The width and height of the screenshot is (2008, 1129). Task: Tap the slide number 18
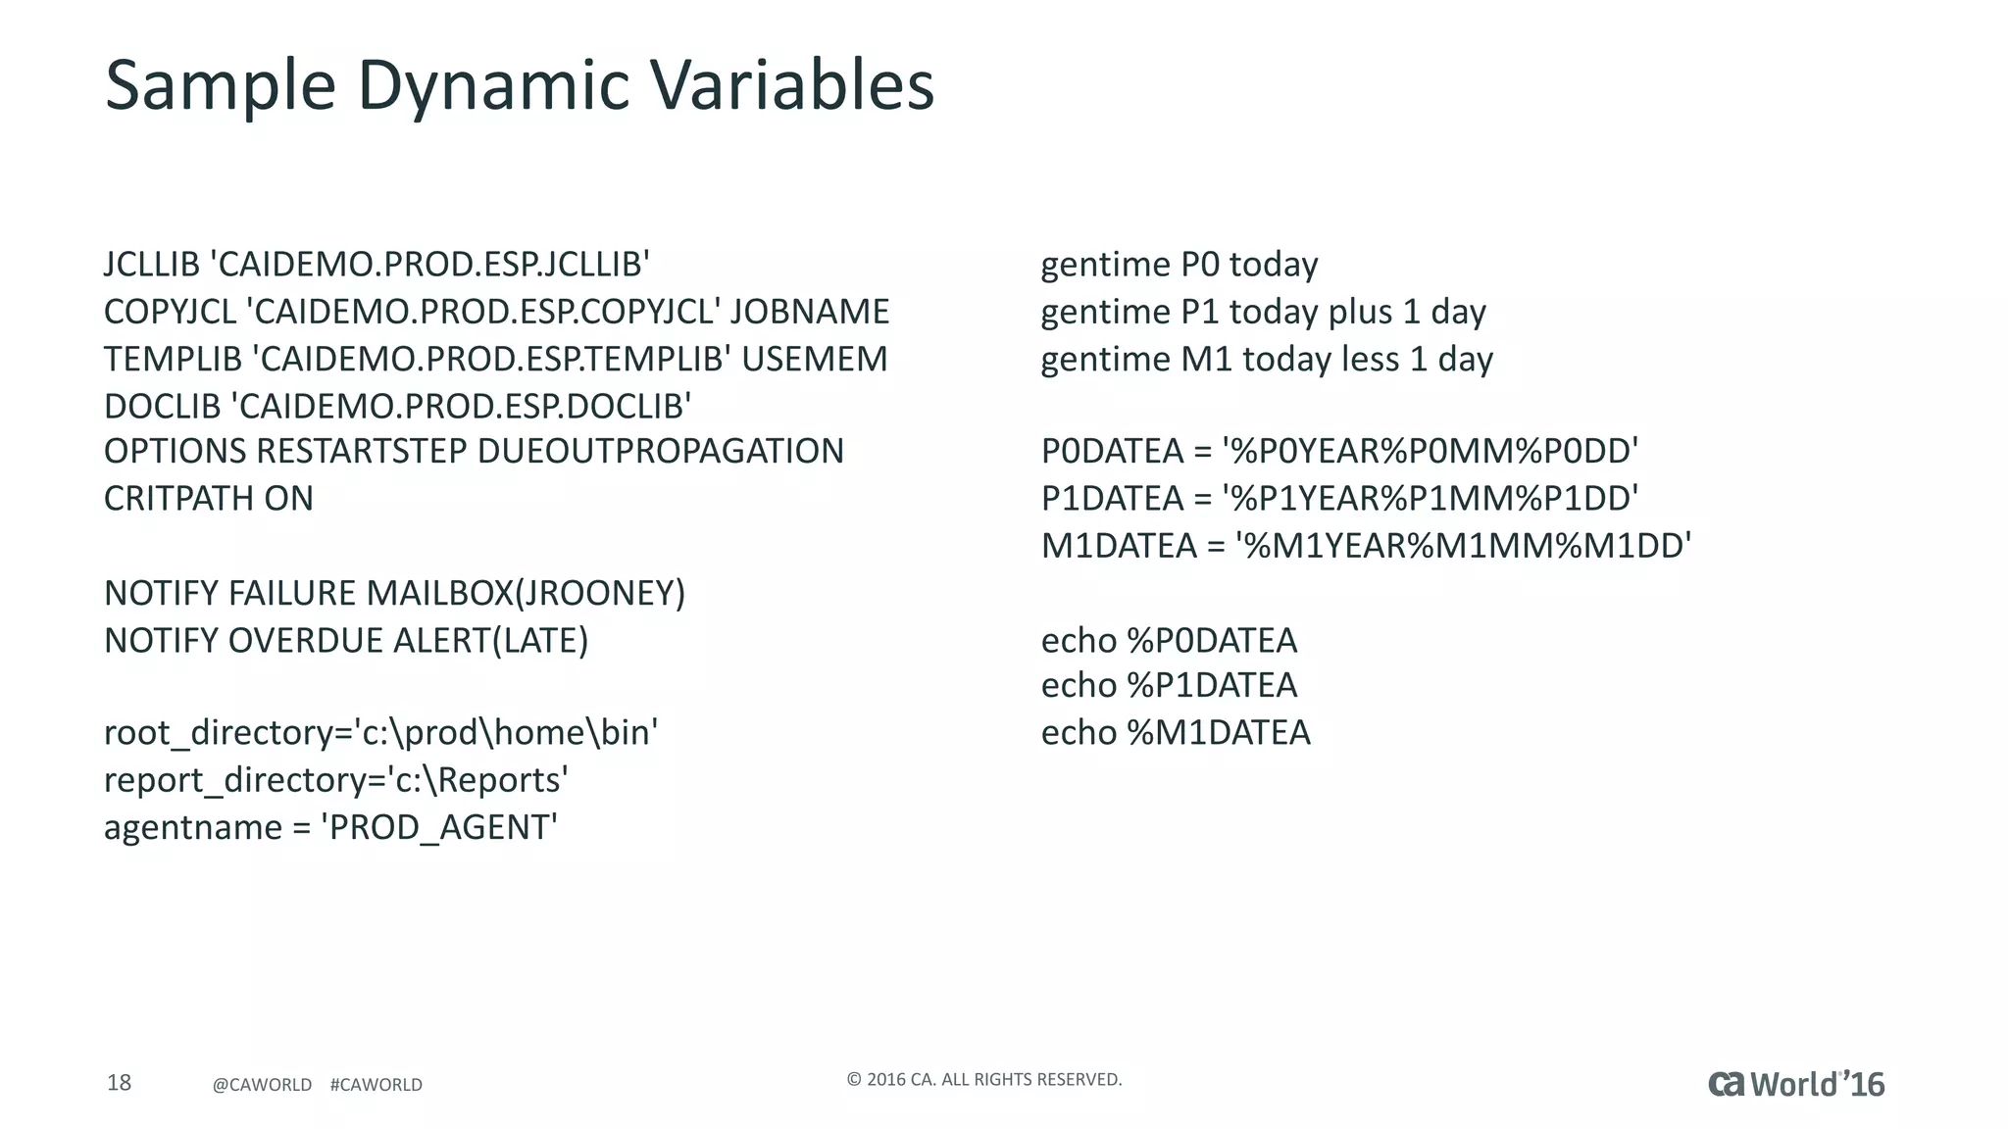coord(119,1083)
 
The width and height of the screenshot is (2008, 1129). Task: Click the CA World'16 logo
coord(1795,1084)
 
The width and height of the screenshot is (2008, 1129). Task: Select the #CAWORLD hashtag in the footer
coord(376,1085)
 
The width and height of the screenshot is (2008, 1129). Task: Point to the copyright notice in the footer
coord(983,1080)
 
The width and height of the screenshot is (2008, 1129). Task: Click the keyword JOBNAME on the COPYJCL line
coord(809,312)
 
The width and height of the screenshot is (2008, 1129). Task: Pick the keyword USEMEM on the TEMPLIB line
coord(814,359)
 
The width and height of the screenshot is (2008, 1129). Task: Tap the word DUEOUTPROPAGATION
coord(660,451)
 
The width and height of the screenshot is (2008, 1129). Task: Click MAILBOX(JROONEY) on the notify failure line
coord(526,593)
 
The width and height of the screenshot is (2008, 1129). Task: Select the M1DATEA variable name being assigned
coord(1119,546)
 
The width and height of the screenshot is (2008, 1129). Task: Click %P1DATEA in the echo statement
coord(1212,685)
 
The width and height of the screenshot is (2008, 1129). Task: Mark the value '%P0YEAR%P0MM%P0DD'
coord(1431,451)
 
